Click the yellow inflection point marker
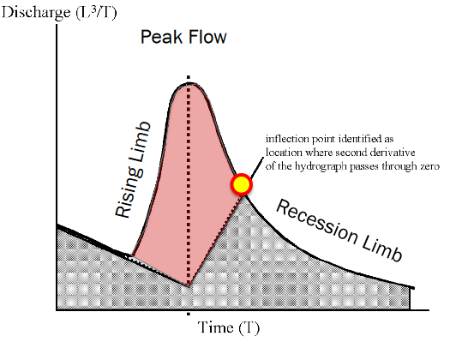click(x=242, y=184)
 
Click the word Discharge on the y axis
click(x=36, y=13)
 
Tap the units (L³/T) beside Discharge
click(x=96, y=12)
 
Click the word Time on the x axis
click(x=215, y=327)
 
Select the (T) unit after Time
click(x=249, y=327)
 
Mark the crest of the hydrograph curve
click(x=189, y=83)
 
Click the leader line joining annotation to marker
click(x=256, y=168)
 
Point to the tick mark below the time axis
click(x=189, y=314)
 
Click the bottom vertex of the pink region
click(x=189, y=286)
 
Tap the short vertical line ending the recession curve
click(x=410, y=298)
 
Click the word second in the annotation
click(x=351, y=153)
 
